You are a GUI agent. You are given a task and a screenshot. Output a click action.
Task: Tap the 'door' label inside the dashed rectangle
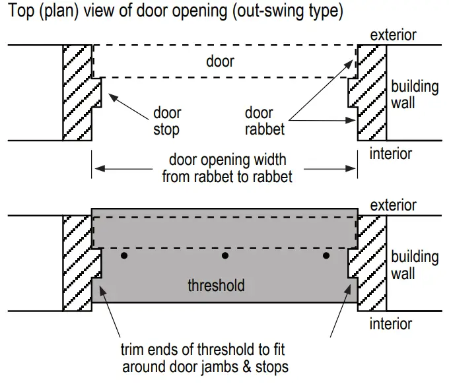coord(220,61)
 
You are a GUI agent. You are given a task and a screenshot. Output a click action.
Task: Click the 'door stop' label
coord(166,121)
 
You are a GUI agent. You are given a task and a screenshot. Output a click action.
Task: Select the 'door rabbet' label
coord(265,121)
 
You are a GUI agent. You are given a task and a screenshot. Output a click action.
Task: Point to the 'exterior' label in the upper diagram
coord(394,34)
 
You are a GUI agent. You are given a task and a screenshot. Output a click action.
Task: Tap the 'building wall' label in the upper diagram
coord(414,94)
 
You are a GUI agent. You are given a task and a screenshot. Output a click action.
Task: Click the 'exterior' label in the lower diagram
coord(394,205)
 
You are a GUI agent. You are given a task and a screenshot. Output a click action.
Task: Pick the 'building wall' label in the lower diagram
coord(414,265)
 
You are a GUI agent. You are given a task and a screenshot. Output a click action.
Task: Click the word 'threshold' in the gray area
coord(216,286)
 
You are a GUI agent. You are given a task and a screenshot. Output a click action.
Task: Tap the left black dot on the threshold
coord(123,255)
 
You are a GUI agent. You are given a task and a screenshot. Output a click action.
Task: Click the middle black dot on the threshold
coord(225,255)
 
